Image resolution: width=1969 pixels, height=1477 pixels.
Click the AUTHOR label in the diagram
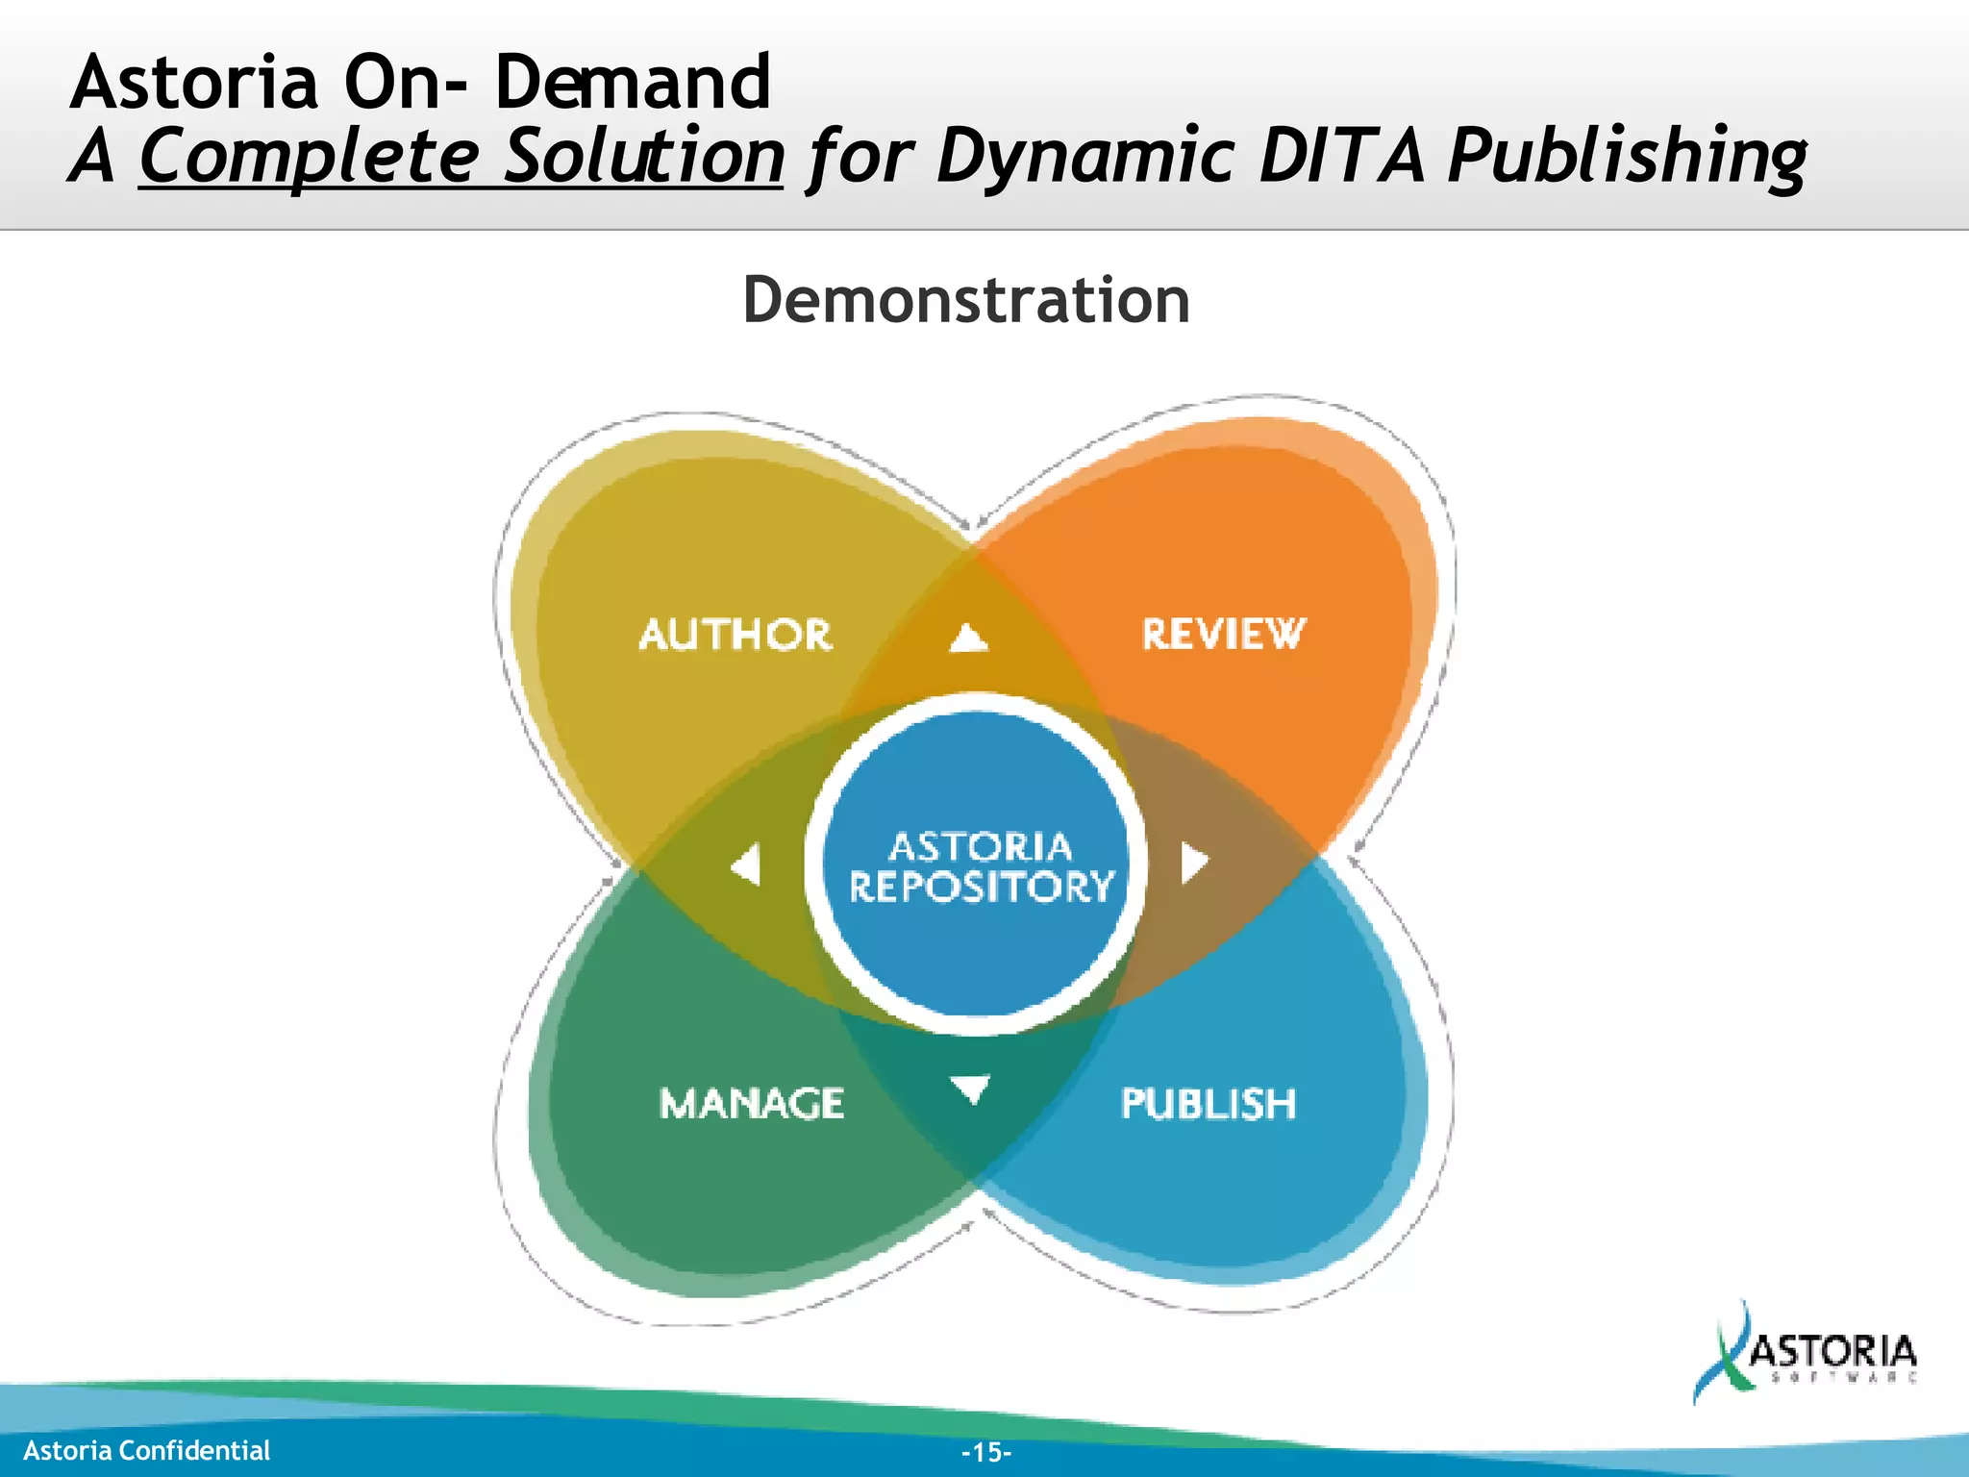coord(735,635)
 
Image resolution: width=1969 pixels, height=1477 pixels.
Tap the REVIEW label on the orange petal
coord(1223,635)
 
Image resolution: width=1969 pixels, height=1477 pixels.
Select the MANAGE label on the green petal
coord(752,1103)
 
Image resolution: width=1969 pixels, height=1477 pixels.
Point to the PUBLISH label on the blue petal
coord(1209,1104)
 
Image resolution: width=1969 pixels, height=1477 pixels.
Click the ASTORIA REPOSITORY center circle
coord(978,865)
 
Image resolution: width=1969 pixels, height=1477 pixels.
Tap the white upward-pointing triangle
coord(969,638)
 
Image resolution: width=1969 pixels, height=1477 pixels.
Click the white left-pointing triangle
coord(747,864)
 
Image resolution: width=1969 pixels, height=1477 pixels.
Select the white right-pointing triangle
coord(1193,863)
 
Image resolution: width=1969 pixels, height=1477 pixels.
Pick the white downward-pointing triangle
coord(970,1089)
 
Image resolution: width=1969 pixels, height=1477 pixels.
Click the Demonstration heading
coord(966,300)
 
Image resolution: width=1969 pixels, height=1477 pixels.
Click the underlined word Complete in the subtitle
coord(310,157)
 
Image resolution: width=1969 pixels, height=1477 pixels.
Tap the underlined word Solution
coord(644,157)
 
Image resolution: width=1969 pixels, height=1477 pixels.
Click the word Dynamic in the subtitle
coord(1084,157)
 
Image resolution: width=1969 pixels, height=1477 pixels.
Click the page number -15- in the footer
coord(986,1452)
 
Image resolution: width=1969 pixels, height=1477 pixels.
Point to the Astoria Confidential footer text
coord(147,1450)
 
